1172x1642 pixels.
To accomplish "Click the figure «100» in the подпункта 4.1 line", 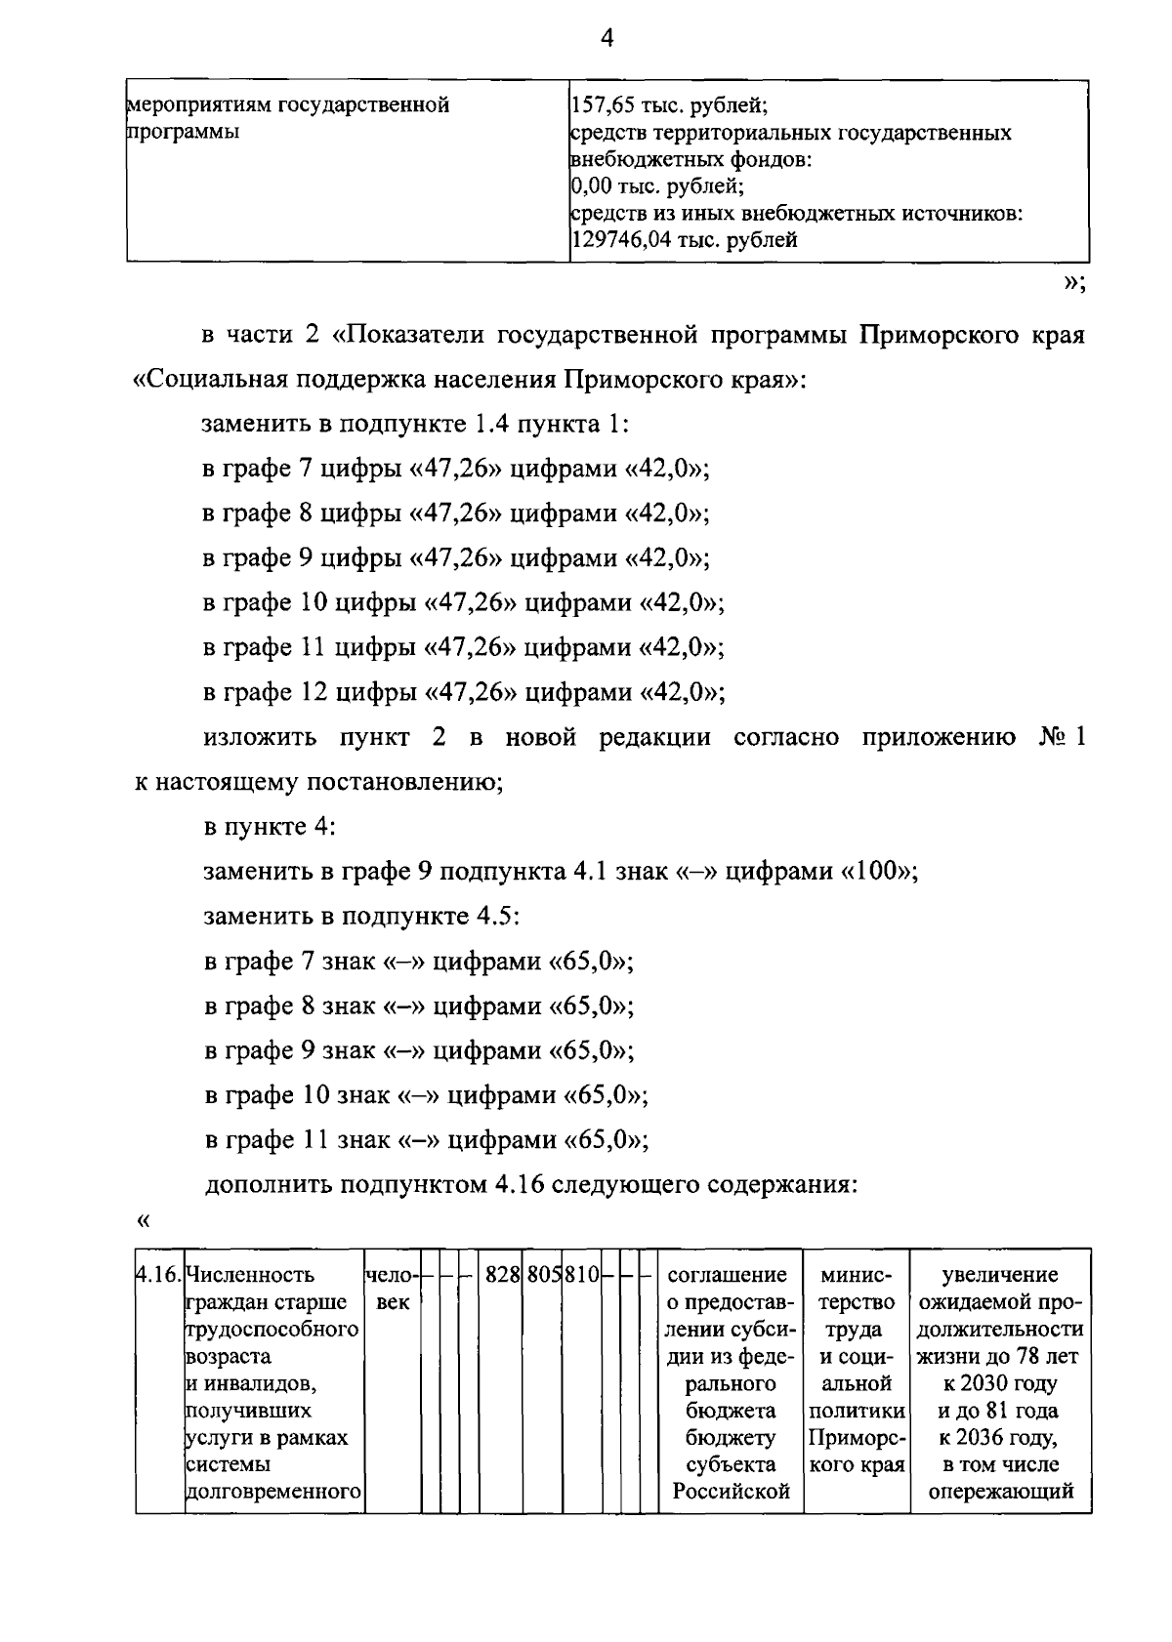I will pos(878,872).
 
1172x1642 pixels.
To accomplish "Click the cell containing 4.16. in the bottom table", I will pos(159,1274).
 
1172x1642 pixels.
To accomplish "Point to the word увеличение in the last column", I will pos(1000,1274).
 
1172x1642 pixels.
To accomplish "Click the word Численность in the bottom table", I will pos(250,1274).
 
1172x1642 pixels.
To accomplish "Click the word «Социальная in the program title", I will pos(208,379).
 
